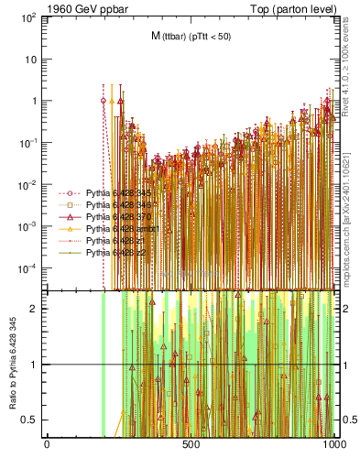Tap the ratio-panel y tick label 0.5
(x=30, y=420)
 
